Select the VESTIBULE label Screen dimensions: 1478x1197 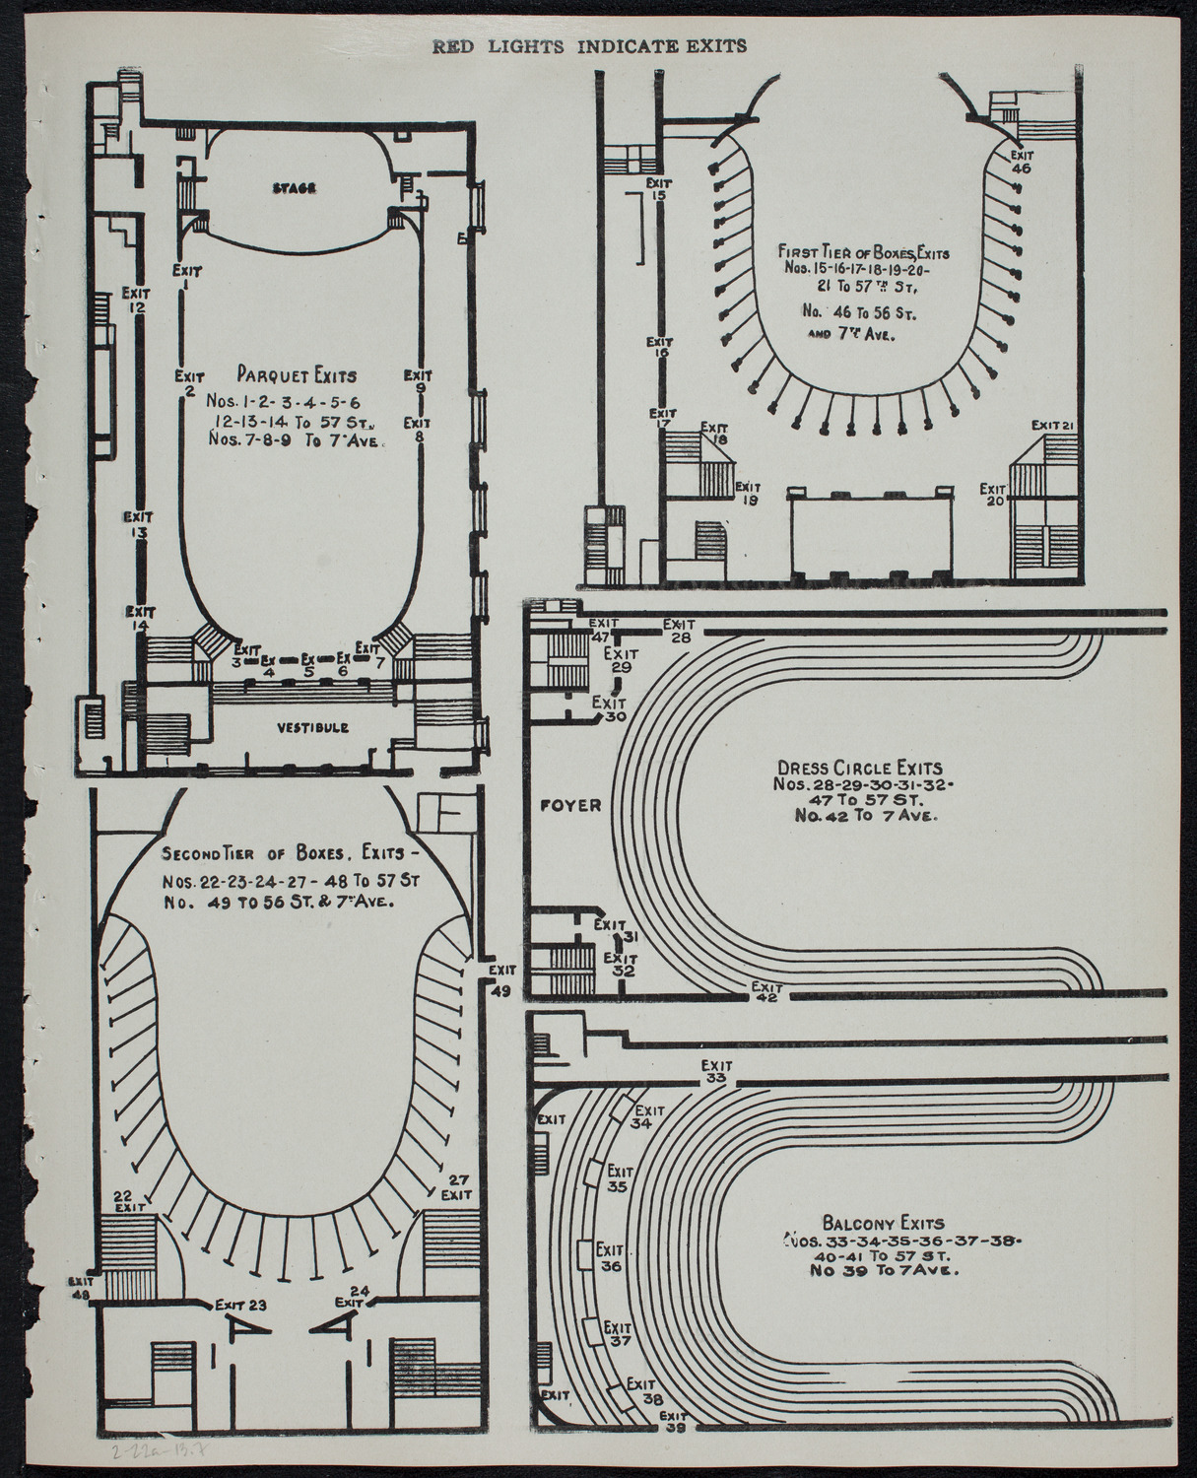click(x=308, y=727)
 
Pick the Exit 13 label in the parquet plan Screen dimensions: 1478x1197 click(x=137, y=523)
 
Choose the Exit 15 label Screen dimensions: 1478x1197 click(x=659, y=188)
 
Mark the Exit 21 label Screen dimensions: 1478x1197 click(x=1051, y=425)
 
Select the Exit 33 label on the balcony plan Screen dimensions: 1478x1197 click(x=716, y=1071)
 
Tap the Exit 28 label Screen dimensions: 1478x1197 click(x=679, y=631)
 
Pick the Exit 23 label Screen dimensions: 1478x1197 click(x=242, y=1305)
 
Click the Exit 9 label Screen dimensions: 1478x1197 click(x=420, y=381)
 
